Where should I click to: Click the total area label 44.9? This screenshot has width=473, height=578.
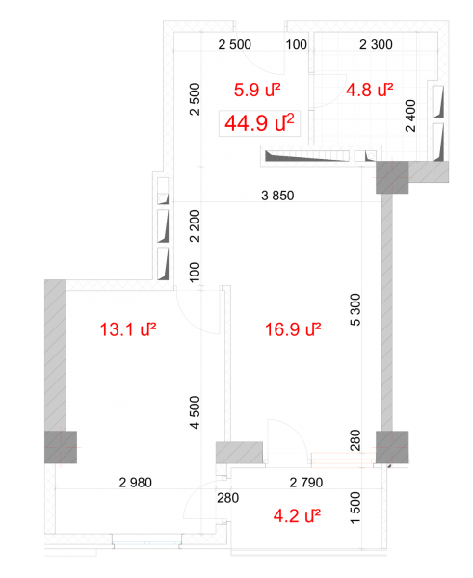(259, 123)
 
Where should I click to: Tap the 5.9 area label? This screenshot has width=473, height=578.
(257, 90)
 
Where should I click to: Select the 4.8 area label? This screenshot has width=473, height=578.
(369, 90)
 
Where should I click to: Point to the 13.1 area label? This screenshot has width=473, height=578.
(128, 329)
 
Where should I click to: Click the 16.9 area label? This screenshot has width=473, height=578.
(293, 329)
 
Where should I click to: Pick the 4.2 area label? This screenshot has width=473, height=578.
(297, 515)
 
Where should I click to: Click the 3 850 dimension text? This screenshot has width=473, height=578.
(277, 196)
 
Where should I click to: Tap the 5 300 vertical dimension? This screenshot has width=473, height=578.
(355, 309)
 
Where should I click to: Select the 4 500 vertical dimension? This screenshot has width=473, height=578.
(195, 412)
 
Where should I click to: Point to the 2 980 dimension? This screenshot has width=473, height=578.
(135, 483)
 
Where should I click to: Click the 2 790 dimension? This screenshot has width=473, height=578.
(306, 483)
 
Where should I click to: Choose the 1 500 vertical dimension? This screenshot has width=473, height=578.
(355, 508)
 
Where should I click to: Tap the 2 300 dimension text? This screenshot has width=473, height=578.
(376, 44)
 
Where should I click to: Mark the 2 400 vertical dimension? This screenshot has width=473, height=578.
(410, 116)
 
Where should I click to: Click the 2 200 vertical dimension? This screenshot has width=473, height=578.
(195, 225)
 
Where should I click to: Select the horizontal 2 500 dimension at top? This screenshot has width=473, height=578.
(234, 44)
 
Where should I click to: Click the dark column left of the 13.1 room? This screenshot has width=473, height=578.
(61, 447)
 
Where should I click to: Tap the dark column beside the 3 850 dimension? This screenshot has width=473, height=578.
(392, 177)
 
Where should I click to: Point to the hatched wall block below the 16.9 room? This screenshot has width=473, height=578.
(239, 453)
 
